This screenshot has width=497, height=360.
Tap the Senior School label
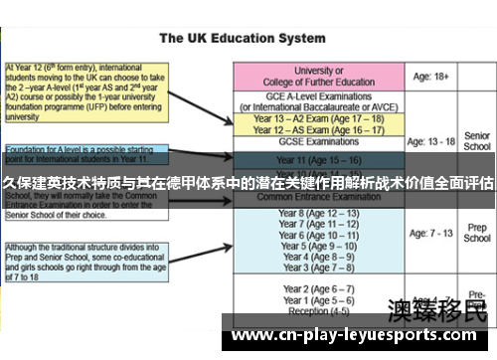(477, 141)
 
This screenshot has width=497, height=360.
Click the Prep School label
(477, 233)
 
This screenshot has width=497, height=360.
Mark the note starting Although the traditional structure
(85, 261)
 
